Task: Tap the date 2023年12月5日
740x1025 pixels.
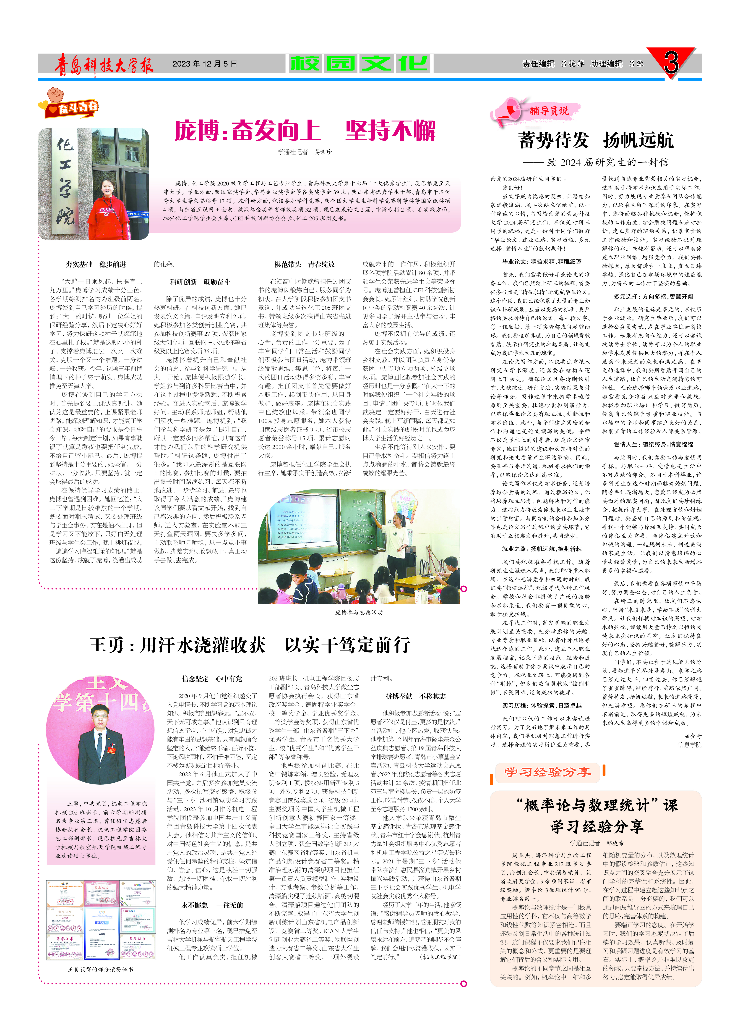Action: [x=205, y=64]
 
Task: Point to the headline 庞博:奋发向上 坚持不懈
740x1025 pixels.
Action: [x=305, y=131]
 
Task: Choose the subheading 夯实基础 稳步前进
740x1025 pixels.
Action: [x=96, y=264]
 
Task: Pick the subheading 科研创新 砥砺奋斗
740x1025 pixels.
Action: [x=200, y=282]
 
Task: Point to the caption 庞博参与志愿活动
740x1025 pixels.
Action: [x=359, y=612]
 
